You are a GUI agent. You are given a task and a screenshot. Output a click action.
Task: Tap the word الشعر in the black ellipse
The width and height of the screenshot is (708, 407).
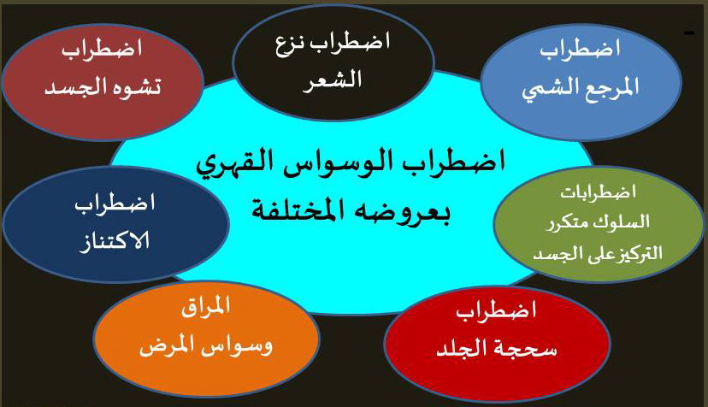pos(332,81)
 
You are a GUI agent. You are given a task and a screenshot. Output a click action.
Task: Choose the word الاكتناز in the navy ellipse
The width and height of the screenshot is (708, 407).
pos(115,242)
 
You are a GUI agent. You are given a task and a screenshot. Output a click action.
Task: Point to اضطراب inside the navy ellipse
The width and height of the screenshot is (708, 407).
pos(115,203)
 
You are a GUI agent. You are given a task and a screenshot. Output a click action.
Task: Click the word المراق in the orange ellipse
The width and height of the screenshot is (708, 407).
pos(206,306)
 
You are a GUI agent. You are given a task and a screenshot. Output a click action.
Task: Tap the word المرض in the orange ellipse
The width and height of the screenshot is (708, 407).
pos(163,347)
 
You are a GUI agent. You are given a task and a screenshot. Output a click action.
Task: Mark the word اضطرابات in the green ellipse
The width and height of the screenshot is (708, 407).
pos(599,192)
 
